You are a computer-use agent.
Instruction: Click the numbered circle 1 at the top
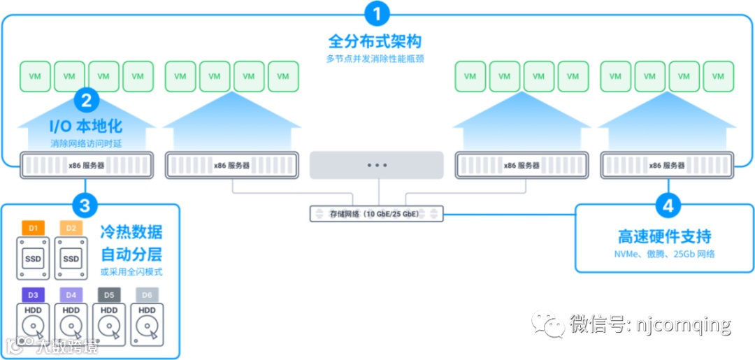[377, 14]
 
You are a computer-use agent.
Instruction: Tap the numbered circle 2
[86, 101]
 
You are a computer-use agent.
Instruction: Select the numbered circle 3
[85, 206]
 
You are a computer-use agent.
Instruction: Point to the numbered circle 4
[669, 206]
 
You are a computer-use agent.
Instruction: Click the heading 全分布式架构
[375, 41]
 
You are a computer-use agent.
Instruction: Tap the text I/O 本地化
[86, 127]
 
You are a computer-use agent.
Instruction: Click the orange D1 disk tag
[33, 228]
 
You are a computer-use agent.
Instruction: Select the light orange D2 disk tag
[71, 228]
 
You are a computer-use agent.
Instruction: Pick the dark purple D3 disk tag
[33, 294]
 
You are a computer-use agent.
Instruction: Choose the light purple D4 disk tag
[71, 294]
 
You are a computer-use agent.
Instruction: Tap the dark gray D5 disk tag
[109, 294]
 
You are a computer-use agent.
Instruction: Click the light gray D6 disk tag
[147, 294]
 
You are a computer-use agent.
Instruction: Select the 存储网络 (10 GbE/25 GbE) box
[376, 213]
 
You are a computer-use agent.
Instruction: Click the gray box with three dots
[376, 165]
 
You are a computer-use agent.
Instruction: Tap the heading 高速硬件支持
[664, 236]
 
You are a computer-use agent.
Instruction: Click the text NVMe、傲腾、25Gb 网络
[664, 254]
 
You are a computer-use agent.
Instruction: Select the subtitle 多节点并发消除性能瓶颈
[375, 59]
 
